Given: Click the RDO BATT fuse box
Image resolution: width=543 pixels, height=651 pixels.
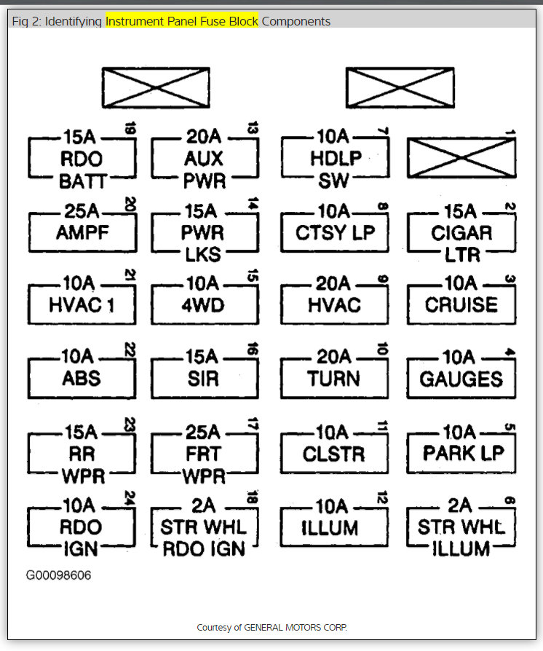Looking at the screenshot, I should pos(82,159).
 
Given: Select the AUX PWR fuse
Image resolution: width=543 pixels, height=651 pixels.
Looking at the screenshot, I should pos(204,159).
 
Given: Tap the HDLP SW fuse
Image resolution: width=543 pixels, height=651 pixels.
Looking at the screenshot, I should pos(335,159).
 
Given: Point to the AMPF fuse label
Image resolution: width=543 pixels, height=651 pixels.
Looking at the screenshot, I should pos(82,232).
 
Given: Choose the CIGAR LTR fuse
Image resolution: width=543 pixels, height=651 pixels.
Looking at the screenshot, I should pos(461,233).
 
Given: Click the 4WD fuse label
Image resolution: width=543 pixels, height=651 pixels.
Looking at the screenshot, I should pos(204,304).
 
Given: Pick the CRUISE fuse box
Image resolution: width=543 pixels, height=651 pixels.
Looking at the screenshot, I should pos(461,304).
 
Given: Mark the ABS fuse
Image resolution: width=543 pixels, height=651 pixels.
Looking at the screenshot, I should pos(82,379).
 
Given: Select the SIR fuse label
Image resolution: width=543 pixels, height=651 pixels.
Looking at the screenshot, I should pos(204,379).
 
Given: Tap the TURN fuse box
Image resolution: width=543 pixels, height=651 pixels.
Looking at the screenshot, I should pos(333,379).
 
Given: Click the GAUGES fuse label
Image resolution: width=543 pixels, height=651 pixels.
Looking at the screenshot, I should pos(461,379).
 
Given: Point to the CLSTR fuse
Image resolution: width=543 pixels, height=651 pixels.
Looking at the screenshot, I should pos(333,454).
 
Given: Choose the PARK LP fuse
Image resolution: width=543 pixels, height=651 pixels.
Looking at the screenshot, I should pos(461,454).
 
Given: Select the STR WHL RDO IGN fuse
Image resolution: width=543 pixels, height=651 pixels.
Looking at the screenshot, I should pos(204,527).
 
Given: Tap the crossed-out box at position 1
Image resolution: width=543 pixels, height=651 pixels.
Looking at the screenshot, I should pos(461,157).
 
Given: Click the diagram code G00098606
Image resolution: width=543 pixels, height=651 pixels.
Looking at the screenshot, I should pos(59,575).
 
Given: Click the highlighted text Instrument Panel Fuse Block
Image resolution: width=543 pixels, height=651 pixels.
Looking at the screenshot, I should pos(182,21).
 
